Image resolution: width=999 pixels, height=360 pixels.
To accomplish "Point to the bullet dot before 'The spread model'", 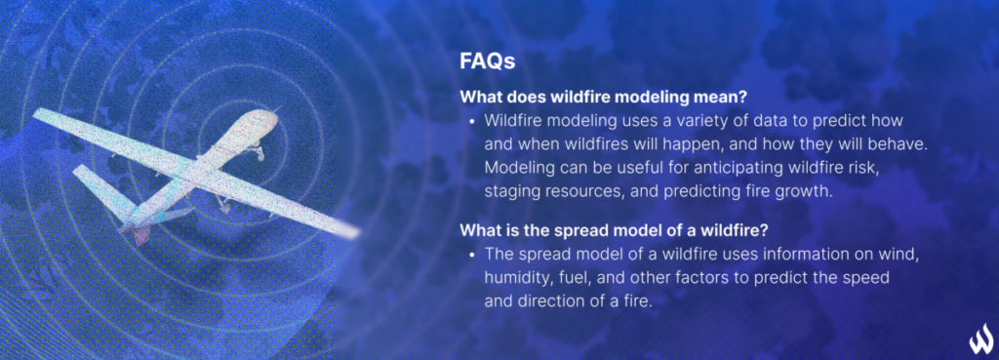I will tap(472, 256).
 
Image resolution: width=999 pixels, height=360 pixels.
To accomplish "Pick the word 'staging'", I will tap(510, 191).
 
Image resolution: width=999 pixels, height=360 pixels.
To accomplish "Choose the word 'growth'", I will tap(807, 191).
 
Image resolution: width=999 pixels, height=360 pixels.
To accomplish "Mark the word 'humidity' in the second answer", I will tap(517, 278).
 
